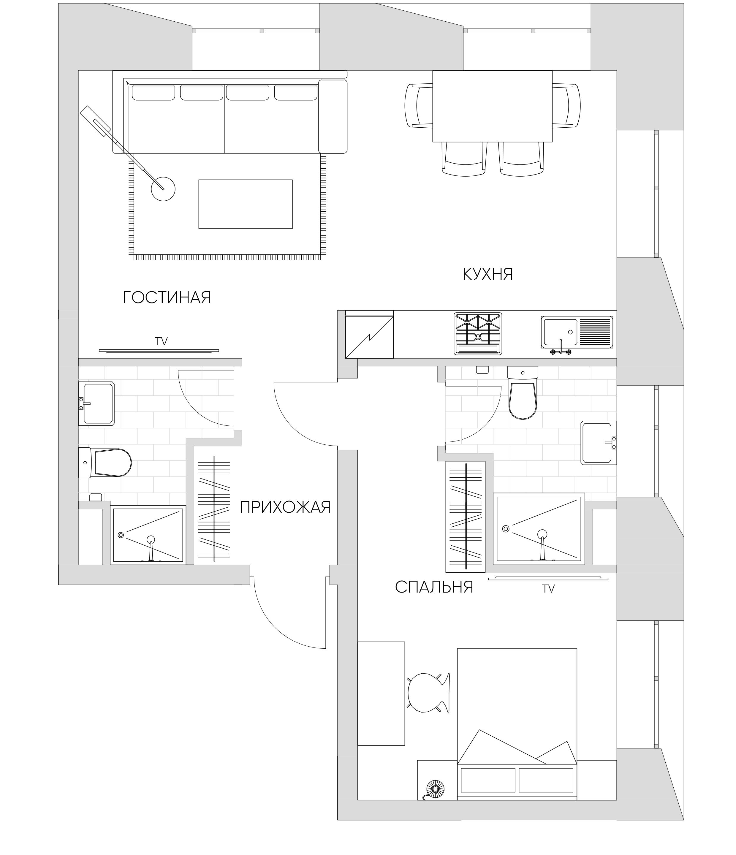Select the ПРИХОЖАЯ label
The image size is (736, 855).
285,507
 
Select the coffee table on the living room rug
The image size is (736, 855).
246,204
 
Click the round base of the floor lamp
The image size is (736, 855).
163,189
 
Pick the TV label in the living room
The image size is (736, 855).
161,341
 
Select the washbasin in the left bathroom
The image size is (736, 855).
98,403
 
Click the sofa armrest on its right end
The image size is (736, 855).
333,117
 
